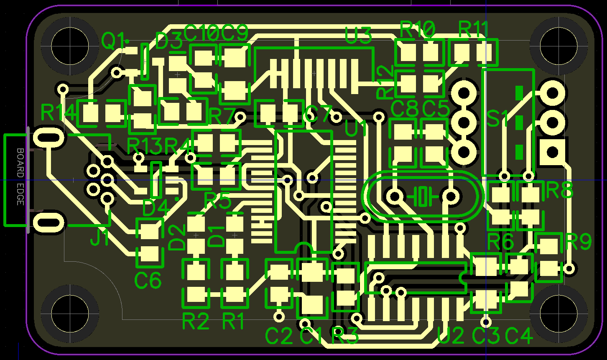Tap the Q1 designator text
click(x=113, y=41)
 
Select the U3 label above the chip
click(x=358, y=36)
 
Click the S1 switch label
click(x=497, y=119)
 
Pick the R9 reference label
click(x=579, y=242)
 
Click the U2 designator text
click(x=451, y=335)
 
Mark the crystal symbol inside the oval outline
click(x=423, y=196)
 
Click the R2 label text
click(x=195, y=322)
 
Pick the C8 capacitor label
click(x=404, y=110)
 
